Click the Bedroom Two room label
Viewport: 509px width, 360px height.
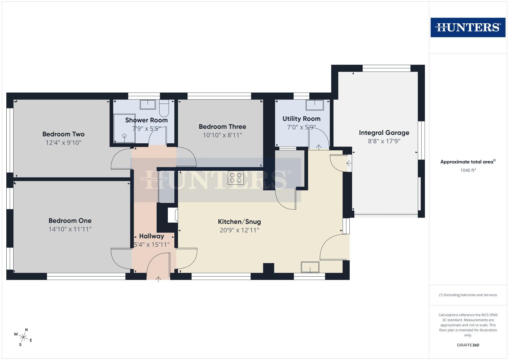[63, 134]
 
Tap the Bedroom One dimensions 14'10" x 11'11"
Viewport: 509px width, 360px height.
[70, 229]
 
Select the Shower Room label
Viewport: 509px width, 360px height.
[146, 120]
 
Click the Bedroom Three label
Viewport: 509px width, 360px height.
[222, 127]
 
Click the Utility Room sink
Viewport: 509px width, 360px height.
[315, 105]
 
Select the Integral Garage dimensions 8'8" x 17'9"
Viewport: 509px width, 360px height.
[384, 141]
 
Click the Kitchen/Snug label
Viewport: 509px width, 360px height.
[239, 222]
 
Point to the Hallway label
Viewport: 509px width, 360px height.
[151, 236]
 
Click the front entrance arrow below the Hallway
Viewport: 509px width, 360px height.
[158, 279]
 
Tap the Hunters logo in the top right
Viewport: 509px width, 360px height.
[468, 27]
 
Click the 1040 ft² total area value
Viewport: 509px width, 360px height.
[468, 170]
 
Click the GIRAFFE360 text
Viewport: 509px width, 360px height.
[468, 345]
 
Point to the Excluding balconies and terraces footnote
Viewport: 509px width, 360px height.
[468, 295]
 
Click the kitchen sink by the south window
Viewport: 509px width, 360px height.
[310, 267]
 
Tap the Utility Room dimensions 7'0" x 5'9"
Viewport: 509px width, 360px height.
[301, 127]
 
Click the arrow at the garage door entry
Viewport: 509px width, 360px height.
[349, 163]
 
